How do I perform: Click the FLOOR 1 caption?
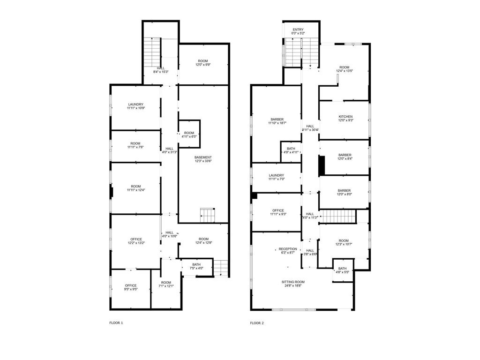116,322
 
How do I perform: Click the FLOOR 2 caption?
257,322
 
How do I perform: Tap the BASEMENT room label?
203,157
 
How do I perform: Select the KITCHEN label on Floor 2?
345,117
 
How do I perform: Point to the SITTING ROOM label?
293,282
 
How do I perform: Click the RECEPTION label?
288,249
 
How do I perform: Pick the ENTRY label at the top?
298,30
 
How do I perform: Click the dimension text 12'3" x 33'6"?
203,161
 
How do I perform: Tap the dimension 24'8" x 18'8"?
293,285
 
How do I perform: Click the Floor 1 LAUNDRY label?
135,105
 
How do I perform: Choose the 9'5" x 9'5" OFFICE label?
131,285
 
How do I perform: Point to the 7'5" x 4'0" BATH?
196,266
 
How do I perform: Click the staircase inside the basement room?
208,215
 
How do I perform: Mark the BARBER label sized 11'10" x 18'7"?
277,120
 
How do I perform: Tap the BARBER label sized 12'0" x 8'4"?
345,155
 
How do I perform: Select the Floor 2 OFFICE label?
278,210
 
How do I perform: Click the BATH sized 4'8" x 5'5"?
343,270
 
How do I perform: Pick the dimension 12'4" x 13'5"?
345,71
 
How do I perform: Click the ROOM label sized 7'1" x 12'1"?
166,283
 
